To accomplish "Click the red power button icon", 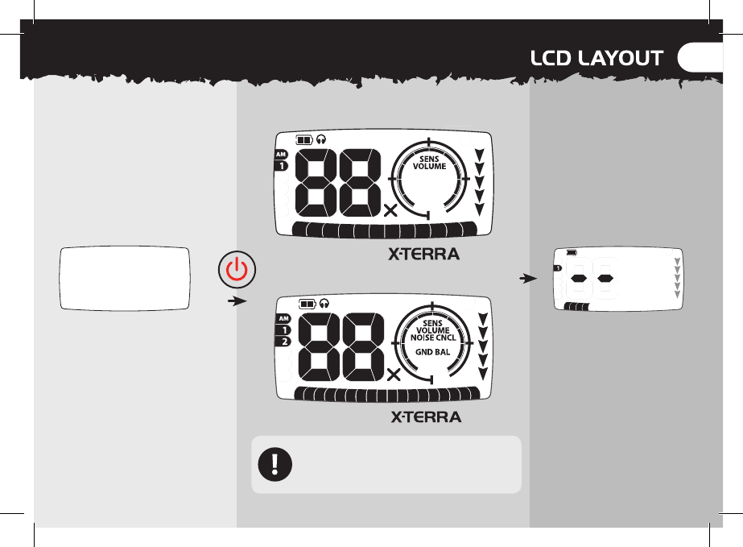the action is point(235,269).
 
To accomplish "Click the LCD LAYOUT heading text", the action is point(596,58).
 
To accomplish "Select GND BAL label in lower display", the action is point(432,352).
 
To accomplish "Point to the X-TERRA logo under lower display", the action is point(426,417).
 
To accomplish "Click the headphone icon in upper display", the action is point(321,139).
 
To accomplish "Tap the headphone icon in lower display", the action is point(324,304).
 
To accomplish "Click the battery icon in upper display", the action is point(304,139).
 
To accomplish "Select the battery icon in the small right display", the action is point(572,252).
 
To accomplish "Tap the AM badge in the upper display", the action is point(281,154).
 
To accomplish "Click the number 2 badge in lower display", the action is point(283,342).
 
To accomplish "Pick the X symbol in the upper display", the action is point(391,211).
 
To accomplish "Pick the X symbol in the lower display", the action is point(394,375).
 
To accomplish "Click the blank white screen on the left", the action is point(125,277).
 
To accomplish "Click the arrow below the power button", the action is point(235,301).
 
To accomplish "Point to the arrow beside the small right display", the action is point(526,280).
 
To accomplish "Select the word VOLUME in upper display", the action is point(430,167).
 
